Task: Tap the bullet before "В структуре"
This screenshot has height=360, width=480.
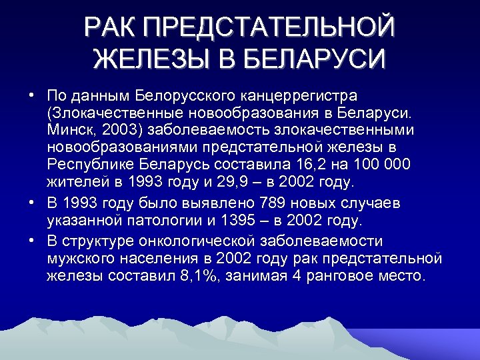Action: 31,240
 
